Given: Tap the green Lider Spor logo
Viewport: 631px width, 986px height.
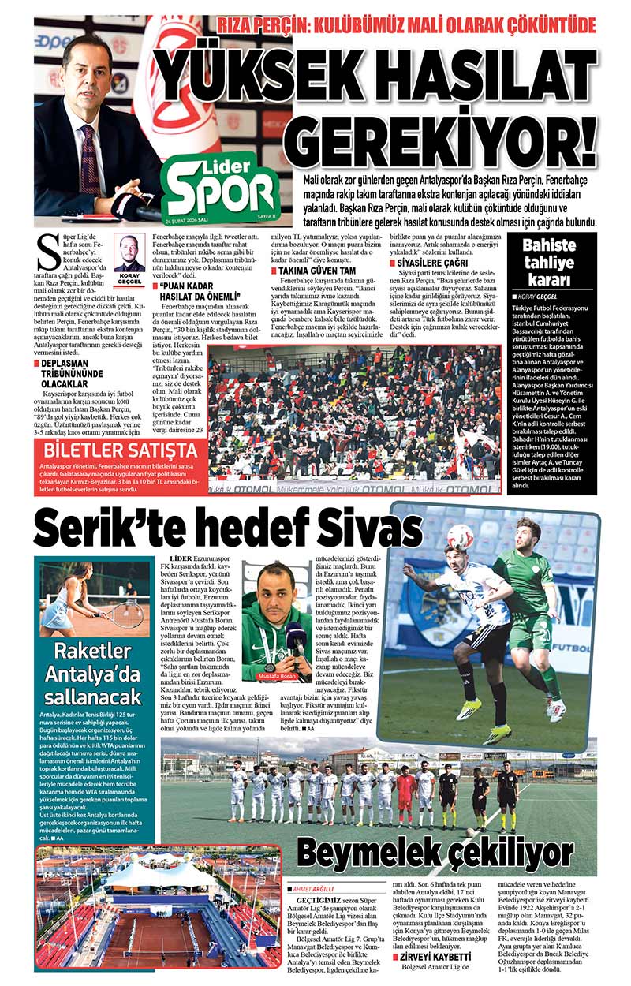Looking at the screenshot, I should tap(222, 187).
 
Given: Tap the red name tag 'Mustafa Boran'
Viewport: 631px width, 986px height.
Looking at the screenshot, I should tap(276, 676).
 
